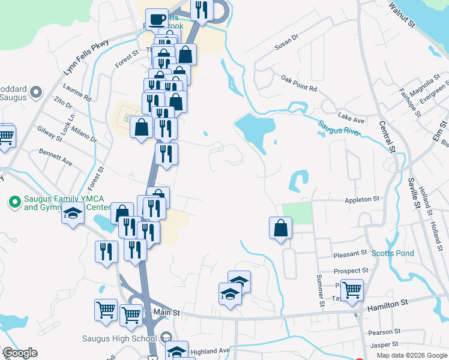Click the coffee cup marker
coord(157,20)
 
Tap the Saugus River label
coord(339,127)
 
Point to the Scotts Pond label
coord(393,253)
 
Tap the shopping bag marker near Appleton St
coord(280,228)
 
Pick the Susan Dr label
coord(286,43)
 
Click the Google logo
coord(20,353)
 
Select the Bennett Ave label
coord(55,158)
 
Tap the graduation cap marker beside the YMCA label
coord(73,215)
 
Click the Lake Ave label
coord(351,116)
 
